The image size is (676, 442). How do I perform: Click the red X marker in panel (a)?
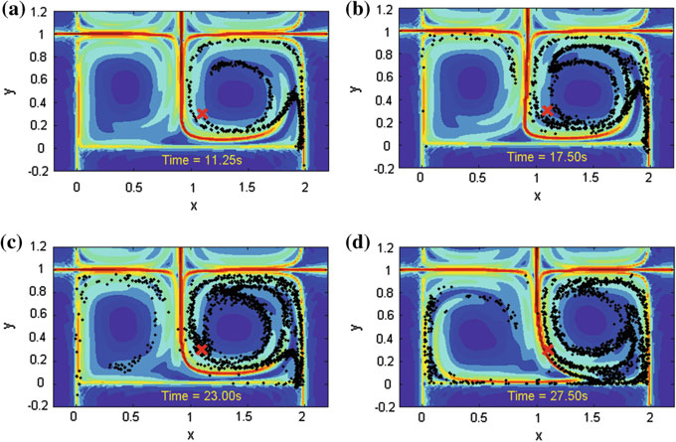tap(202, 114)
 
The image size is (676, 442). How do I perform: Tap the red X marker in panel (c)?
tap(202, 350)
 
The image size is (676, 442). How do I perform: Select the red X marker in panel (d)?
tap(548, 353)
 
